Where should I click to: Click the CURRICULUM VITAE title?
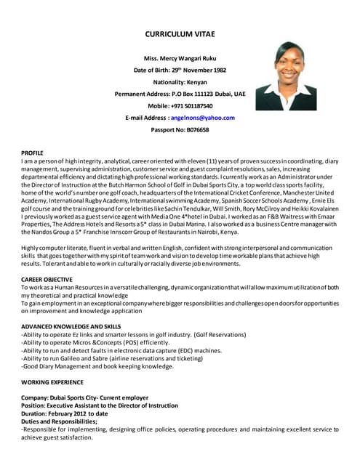[180, 34]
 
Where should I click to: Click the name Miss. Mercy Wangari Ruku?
[180, 57]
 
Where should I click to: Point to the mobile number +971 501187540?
[191, 105]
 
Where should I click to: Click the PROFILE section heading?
[32, 153]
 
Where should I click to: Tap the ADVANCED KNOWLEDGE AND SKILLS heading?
[71, 326]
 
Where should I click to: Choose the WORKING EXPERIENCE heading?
[52, 381]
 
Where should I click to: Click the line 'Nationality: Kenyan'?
[180, 81]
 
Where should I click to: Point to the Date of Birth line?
[180, 70]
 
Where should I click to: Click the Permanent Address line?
[180, 94]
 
